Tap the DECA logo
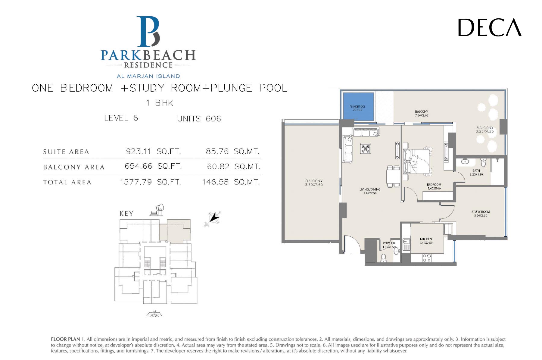point(490,27)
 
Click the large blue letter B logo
point(148,32)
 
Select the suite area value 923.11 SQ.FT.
point(153,151)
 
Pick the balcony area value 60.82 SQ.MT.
point(234,167)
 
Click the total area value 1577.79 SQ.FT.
point(151,182)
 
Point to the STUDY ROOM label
point(481,212)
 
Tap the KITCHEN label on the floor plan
point(426,239)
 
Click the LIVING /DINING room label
point(370,189)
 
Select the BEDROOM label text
point(434,185)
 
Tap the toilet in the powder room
point(383,258)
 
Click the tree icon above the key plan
point(160,208)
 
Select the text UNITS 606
point(199,119)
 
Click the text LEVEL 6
point(121,118)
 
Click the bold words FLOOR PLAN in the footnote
point(65,339)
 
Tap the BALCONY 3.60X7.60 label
point(314,183)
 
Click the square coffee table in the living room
point(365,149)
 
